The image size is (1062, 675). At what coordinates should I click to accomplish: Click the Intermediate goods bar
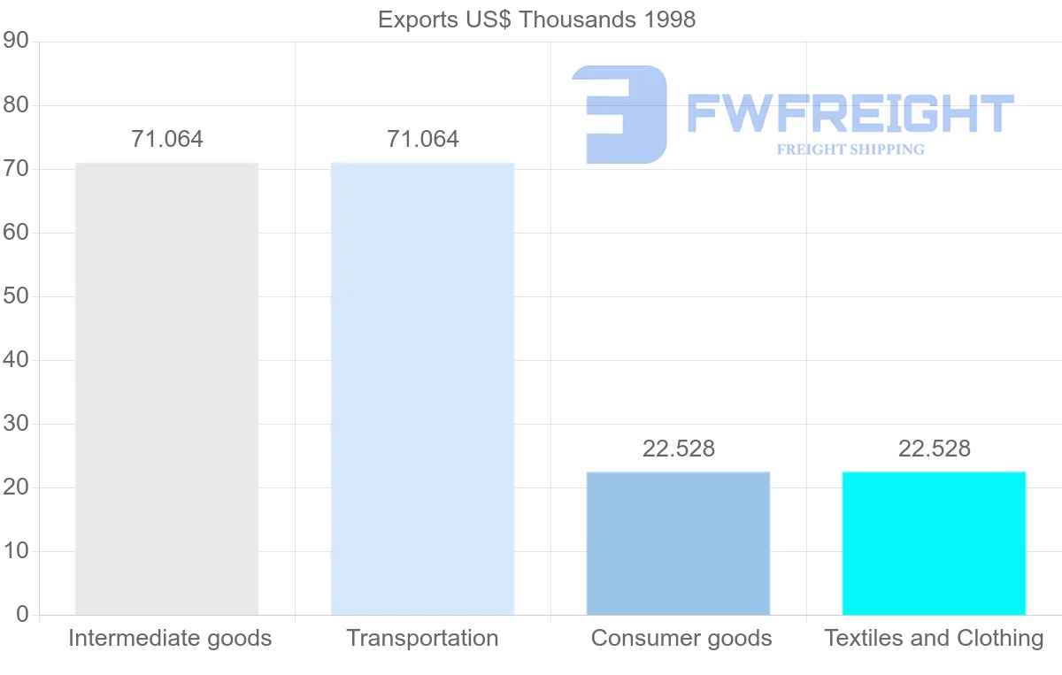pyautogui.click(x=166, y=388)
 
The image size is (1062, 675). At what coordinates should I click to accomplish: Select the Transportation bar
pyautogui.click(x=422, y=388)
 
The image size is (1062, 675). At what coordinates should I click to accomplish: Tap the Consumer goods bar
pyautogui.click(x=678, y=543)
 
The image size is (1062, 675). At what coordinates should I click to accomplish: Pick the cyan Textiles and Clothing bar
pyautogui.click(x=934, y=543)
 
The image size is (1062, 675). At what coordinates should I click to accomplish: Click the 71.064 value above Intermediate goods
pyautogui.click(x=167, y=139)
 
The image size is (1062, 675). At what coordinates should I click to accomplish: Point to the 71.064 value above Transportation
pyautogui.click(x=423, y=139)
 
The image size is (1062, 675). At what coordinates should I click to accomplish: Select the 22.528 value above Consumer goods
pyautogui.click(x=679, y=449)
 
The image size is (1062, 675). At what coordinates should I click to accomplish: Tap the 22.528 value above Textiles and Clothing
pyautogui.click(x=935, y=449)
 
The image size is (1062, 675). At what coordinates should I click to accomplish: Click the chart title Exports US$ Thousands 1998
pyautogui.click(x=536, y=19)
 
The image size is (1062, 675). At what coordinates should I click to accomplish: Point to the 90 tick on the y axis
pyautogui.click(x=16, y=42)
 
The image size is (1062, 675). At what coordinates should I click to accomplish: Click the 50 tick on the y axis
pyautogui.click(x=16, y=296)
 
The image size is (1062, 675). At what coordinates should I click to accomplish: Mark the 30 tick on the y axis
pyautogui.click(x=16, y=424)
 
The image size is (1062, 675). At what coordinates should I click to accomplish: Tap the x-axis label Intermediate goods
pyautogui.click(x=170, y=638)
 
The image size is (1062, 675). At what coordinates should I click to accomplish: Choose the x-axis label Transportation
pyautogui.click(x=422, y=638)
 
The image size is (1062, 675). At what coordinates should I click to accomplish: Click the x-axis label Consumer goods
pyautogui.click(x=681, y=638)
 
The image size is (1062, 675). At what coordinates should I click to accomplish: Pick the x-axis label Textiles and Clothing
pyautogui.click(x=934, y=638)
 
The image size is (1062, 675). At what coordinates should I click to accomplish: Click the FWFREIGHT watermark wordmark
pyautogui.click(x=850, y=114)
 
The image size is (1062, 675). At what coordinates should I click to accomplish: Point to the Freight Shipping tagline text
pyautogui.click(x=850, y=150)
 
